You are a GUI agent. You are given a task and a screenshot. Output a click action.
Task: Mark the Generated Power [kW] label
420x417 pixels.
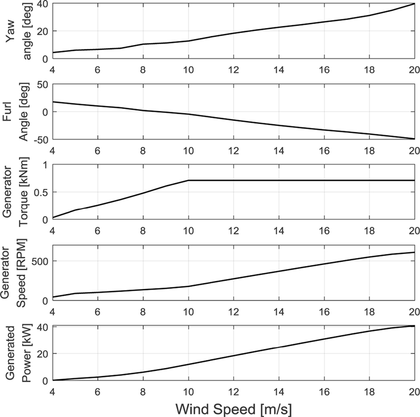point(16,353)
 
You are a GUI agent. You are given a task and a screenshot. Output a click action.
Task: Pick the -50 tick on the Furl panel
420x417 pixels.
point(39,139)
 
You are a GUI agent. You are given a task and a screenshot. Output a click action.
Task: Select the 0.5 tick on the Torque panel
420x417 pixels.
point(39,192)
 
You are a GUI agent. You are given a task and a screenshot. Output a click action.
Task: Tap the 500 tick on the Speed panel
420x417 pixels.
point(38,262)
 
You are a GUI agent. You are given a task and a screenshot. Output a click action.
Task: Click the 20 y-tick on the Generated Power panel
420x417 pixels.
point(42,354)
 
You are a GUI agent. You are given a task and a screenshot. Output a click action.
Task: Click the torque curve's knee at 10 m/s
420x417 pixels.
point(188,180)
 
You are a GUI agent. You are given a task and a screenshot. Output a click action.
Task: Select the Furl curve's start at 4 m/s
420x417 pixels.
point(52,102)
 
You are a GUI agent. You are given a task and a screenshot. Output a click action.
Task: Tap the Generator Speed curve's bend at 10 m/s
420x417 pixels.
point(188,286)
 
